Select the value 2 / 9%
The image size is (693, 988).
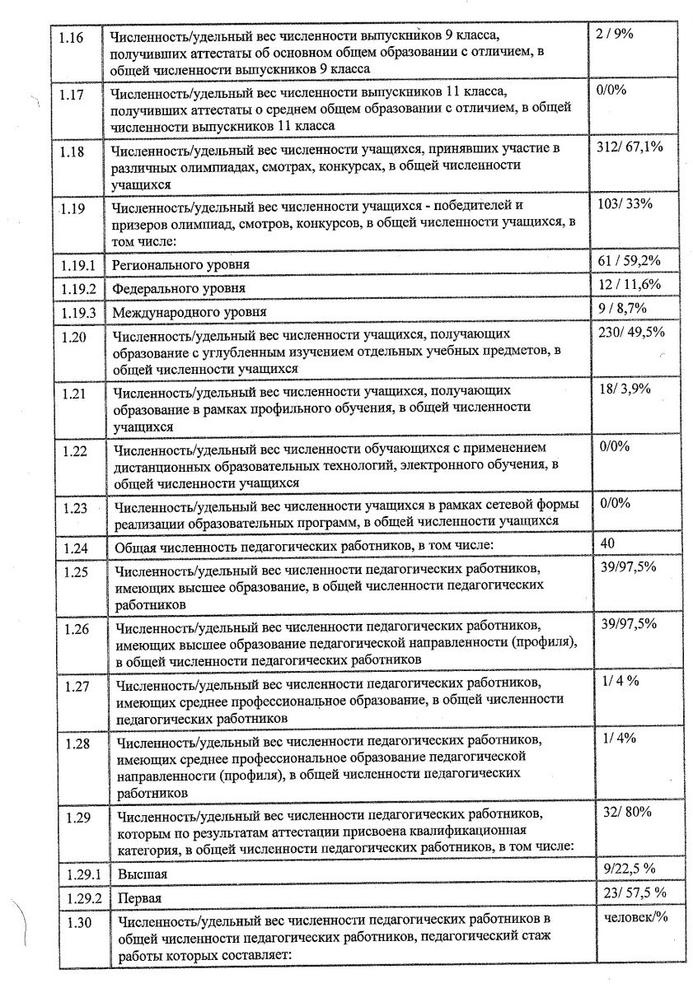pyautogui.click(x=614, y=36)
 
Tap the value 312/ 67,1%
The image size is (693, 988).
pyautogui.click(x=629, y=147)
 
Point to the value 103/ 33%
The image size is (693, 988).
pyautogui.click(x=622, y=204)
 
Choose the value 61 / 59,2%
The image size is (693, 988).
pyautogui.click(x=626, y=261)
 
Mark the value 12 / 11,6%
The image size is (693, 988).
pyautogui.click(x=627, y=284)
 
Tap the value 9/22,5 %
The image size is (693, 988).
pyautogui.click(x=629, y=868)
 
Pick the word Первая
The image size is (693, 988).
pyautogui.click(x=139, y=897)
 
